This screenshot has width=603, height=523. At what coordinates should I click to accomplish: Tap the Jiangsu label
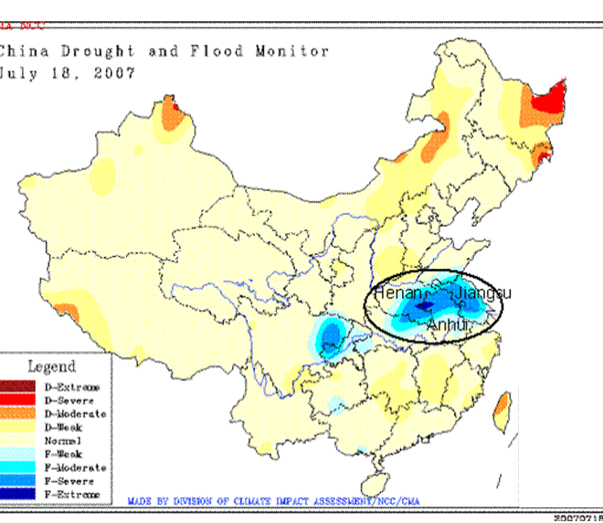point(483,293)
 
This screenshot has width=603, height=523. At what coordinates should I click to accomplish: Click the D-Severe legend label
point(69,400)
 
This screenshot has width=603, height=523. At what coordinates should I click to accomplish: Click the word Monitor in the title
point(295,51)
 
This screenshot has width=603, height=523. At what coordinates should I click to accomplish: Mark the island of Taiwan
point(502,411)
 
